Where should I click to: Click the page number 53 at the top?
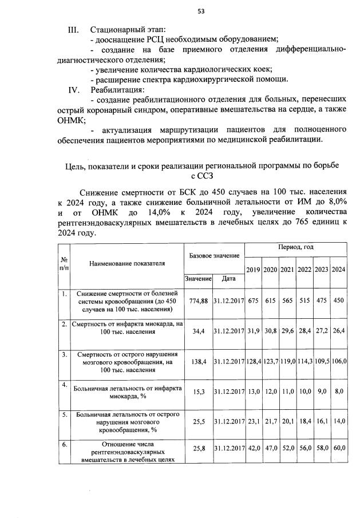point(201,10)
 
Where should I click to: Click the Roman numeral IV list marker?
point(74,89)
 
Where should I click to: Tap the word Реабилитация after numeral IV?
point(117,89)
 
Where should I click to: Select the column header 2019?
point(253,269)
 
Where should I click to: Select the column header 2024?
point(338,269)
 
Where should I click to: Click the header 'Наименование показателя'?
point(126,263)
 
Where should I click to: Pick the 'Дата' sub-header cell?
point(228,279)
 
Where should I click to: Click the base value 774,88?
point(197,300)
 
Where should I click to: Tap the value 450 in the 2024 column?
point(338,300)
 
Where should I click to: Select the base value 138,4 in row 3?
point(197,363)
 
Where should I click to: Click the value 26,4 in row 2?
point(338,330)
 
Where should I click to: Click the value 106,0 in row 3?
point(338,363)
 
